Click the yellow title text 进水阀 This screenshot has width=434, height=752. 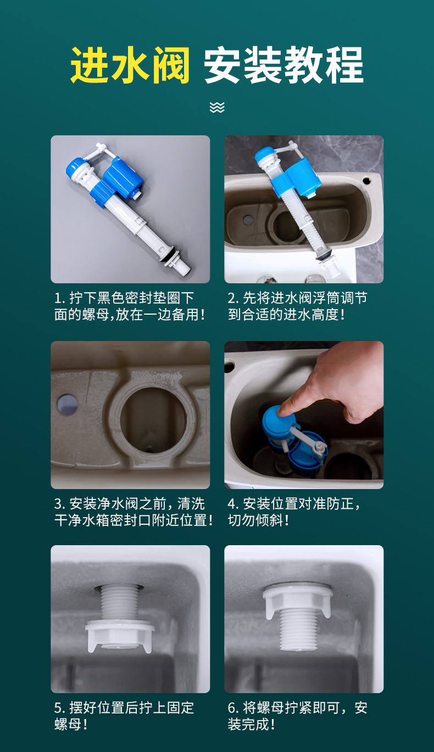coord(130,65)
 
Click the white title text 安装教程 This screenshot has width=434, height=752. coord(283,65)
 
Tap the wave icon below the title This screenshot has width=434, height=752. coord(217,107)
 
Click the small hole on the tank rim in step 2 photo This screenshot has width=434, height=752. coord(367,180)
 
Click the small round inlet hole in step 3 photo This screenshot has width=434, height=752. coord(68,404)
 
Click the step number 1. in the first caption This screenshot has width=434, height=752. coord(59,298)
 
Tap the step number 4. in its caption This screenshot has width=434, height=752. coord(233,503)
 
